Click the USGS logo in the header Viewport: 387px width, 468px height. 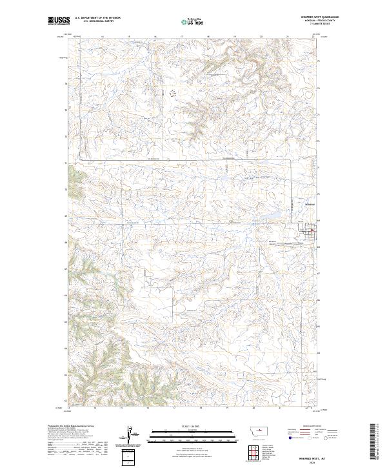pyautogui.click(x=59, y=21)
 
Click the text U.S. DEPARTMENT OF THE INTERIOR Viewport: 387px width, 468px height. pyautogui.click(x=97, y=18)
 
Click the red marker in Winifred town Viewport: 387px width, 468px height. pyautogui.click(x=312, y=232)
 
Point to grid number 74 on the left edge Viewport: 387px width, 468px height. pyautogui.click(x=66, y=83)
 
